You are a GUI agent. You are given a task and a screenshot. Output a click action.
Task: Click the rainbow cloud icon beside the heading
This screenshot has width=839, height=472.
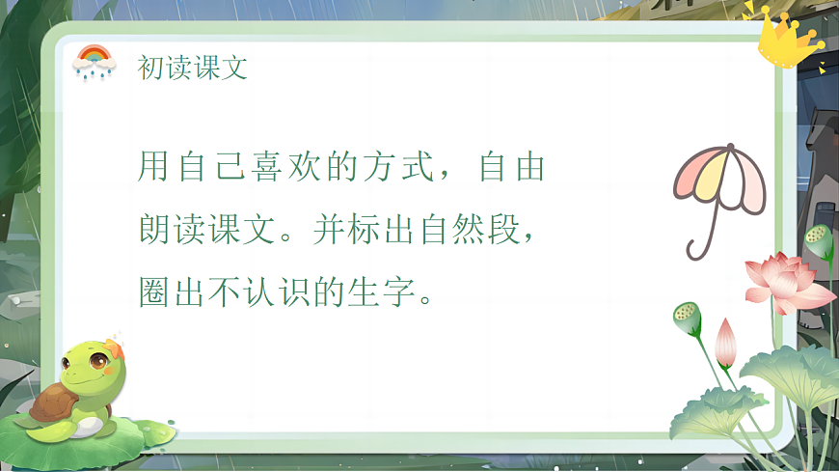tap(94, 62)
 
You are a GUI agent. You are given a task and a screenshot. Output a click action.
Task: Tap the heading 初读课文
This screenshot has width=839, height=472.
tap(193, 68)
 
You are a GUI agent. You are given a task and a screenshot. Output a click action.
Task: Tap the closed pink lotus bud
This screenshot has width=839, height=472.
tap(726, 342)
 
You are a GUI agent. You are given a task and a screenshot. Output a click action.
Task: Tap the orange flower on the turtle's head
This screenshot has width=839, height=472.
tap(114, 346)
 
